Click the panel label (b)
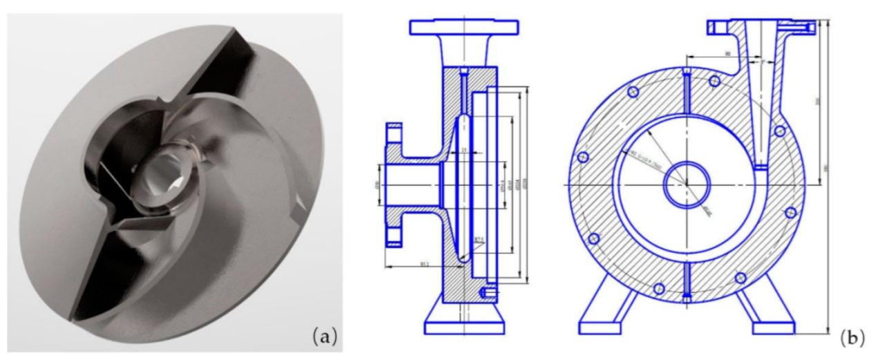coord(852,337)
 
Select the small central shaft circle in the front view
coord(687,184)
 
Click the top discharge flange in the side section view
coord(464,27)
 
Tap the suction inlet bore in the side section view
coord(408,184)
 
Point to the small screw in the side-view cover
coord(488,294)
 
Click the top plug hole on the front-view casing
coord(686,74)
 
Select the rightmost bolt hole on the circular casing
coord(792,212)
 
